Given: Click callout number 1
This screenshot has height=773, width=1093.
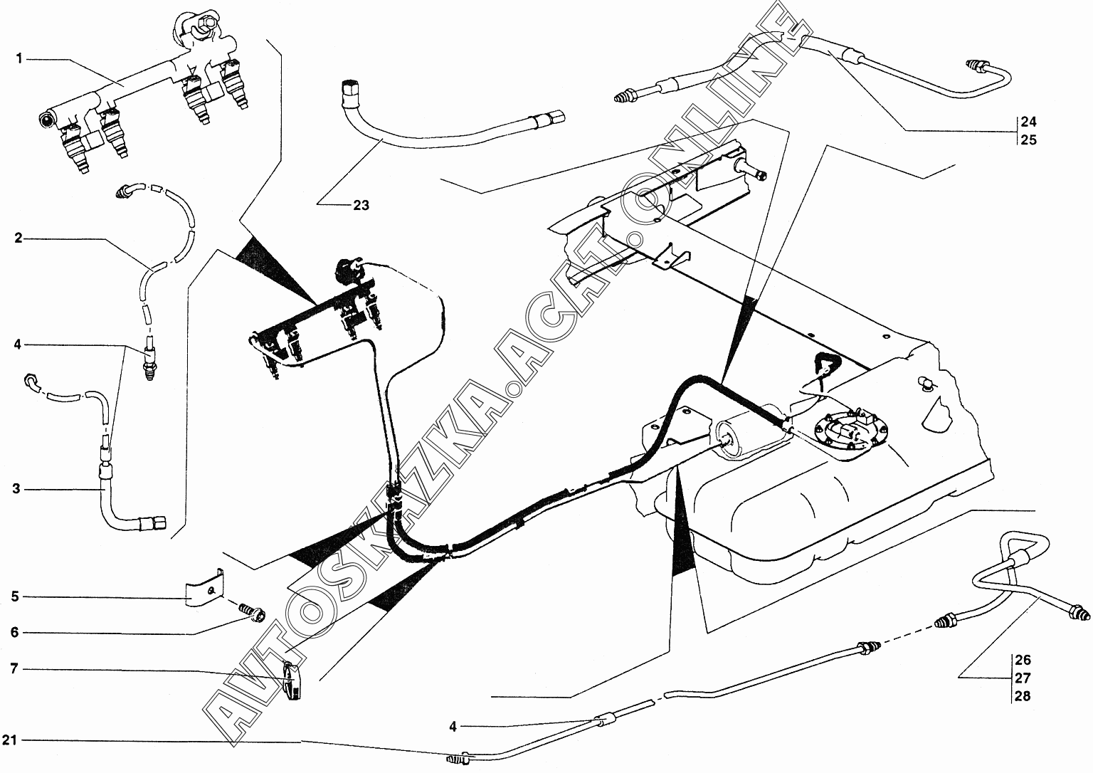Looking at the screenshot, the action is pyautogui.click(x=19, y=60).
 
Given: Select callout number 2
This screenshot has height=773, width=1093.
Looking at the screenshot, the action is pyautogui.click(x=19, y=238).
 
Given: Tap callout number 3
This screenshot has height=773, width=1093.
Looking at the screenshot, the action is pyautogui.click(x=16, y=488).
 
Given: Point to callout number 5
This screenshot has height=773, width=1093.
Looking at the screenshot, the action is pyautogui.click(x=16, y=596).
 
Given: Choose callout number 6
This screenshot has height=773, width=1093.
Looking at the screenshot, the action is pyautogui.click(x=15, y=633).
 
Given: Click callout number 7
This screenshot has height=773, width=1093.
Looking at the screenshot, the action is pyautogui.click(x=14, y=668).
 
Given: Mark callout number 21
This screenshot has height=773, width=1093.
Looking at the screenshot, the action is pyautogui.click(x=10, y=740).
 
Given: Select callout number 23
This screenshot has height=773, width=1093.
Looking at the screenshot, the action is pyautogui.click(x=361, y=206).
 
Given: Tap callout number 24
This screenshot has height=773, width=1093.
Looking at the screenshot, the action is pyautogui.click(x=1028, y=122).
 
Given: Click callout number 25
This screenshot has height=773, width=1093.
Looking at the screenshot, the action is pyautogui.click(x=1028, y=140).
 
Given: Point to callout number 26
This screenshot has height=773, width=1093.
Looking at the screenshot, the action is pyautogui.click(x=1023, y=660).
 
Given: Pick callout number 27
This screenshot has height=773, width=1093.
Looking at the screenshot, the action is pyautogui.click(x=1023, y=678).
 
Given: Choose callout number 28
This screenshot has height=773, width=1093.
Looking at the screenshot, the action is pyautogui.click(x=1023, y=696).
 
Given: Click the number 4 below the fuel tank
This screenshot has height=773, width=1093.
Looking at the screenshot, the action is pyautogui.click(x=453, y=727).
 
